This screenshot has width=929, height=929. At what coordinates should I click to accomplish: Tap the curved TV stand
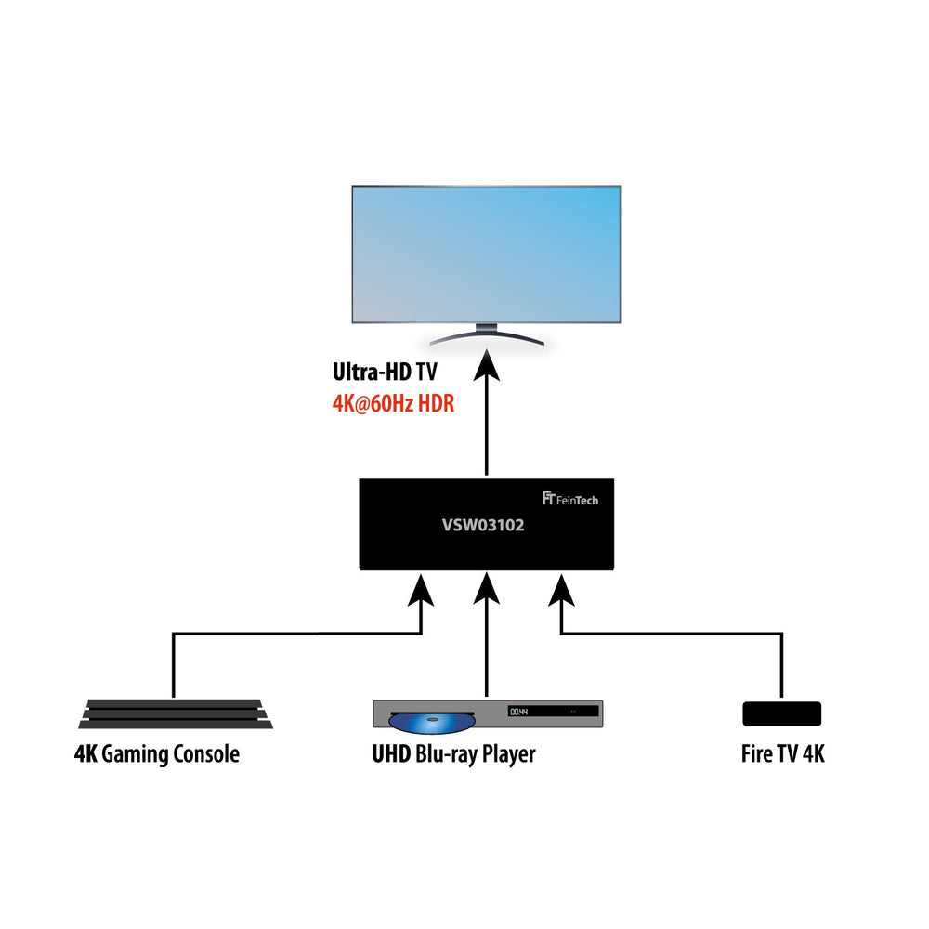(x=486, y=336)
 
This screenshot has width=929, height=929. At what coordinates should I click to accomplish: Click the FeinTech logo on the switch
(x=569, y=499)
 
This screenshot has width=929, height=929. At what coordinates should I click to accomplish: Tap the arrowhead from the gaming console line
(x=423, y=590)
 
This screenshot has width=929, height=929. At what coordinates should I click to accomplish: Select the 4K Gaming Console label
(x=157, y=753)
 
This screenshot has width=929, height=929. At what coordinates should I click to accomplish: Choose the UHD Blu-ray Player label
(x=452, y=753)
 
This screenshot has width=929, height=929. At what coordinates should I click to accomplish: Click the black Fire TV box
(x=781, y=713)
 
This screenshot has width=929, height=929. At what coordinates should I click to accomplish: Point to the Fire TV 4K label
(x=779, y=753)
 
